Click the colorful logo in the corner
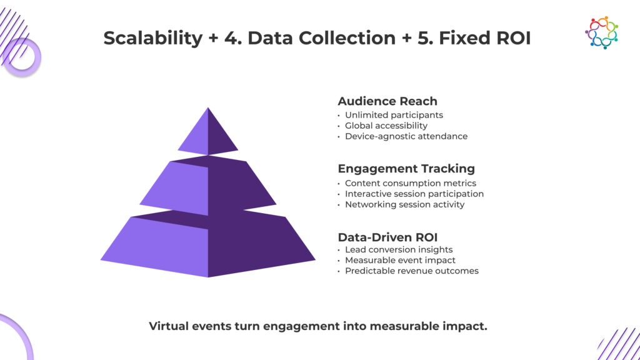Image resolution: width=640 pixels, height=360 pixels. tap(601, 32)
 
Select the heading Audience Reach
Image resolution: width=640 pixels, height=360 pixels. tap(387, 101)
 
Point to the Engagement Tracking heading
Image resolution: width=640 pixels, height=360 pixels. tap(406, 169)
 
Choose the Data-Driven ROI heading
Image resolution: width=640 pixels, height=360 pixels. tap(387, 237)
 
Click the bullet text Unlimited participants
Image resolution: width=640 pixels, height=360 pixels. tap(394, 115)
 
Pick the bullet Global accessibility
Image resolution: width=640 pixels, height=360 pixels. tap(386, 126)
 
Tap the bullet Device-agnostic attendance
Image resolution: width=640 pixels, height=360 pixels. tap(406, 136)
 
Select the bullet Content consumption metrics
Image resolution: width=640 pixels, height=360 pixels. tap(411, 183)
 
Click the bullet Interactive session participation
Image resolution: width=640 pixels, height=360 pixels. tap(414, 194)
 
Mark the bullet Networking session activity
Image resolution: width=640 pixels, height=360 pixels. tap(405, 204)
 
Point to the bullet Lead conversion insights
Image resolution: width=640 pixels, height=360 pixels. tap(399, 250)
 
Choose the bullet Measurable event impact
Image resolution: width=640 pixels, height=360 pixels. tap(400, 260)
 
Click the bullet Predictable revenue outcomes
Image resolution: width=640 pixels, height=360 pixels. tap(412, 271)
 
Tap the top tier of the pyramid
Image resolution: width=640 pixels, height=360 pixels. tap(208, 134)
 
